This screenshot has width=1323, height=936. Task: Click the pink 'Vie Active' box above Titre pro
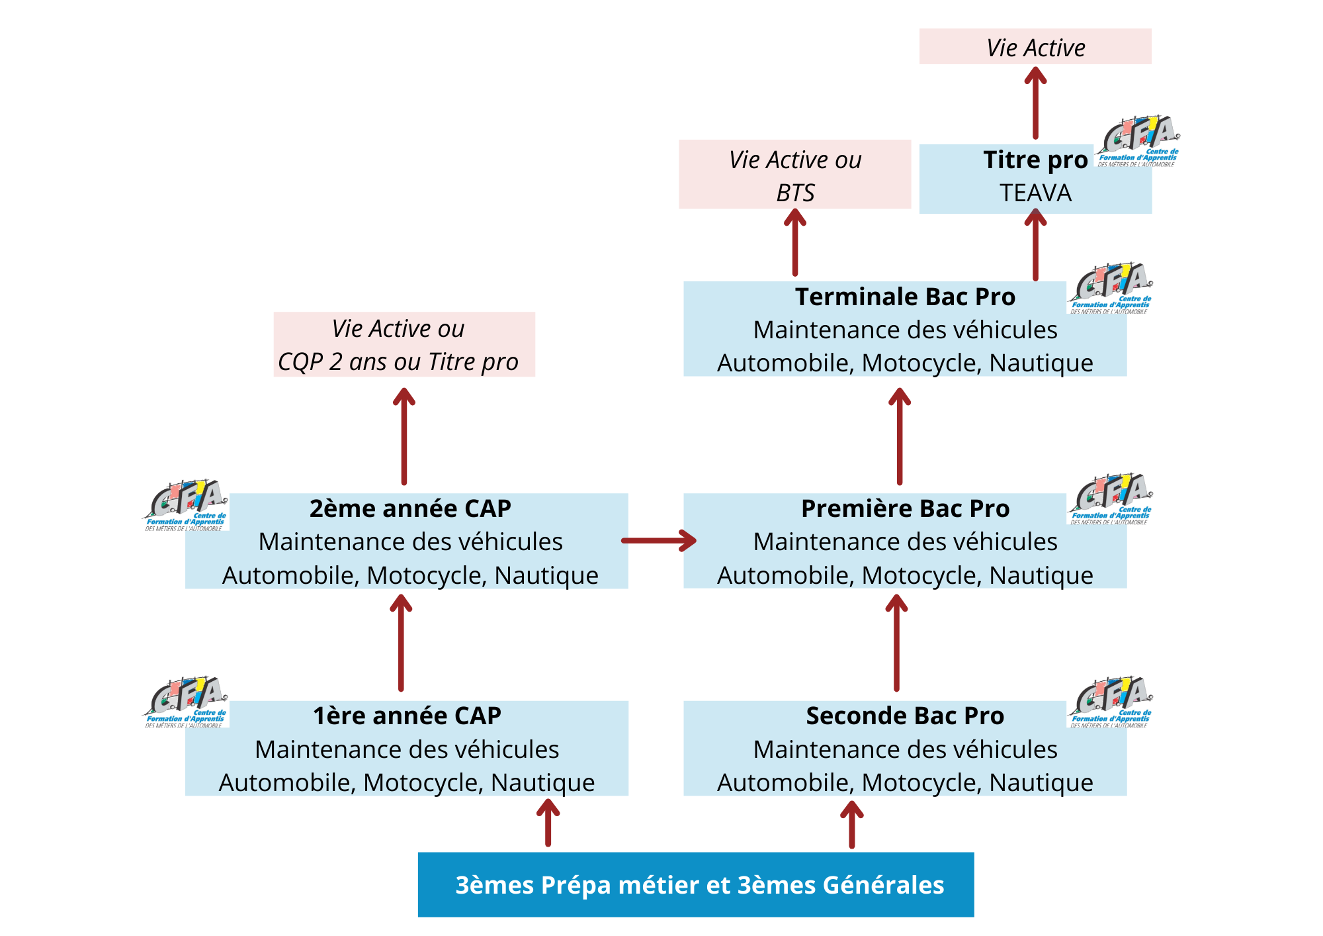coord(1035,47)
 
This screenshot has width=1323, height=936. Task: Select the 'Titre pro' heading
coord(1035,160)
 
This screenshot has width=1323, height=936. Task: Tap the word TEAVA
coord(1035,193)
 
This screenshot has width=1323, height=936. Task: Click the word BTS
coord(795,193)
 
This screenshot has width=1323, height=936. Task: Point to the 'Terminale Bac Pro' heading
coord(905,297)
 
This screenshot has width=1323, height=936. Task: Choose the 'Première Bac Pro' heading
coord(905,509)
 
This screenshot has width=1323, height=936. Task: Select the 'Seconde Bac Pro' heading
coord(905,716)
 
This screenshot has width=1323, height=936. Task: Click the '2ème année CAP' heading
coord(410,509)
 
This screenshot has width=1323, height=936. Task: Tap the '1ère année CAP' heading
coord(407,716)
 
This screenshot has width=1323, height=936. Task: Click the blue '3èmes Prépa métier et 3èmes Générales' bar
coord(696,885)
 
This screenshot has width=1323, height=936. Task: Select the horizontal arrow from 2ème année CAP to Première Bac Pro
coord(658,541)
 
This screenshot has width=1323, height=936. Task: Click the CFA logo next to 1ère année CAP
coord(187,702)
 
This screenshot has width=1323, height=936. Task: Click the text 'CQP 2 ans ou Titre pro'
coord(398,362)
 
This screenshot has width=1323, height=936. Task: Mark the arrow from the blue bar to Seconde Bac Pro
coord(851,825)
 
